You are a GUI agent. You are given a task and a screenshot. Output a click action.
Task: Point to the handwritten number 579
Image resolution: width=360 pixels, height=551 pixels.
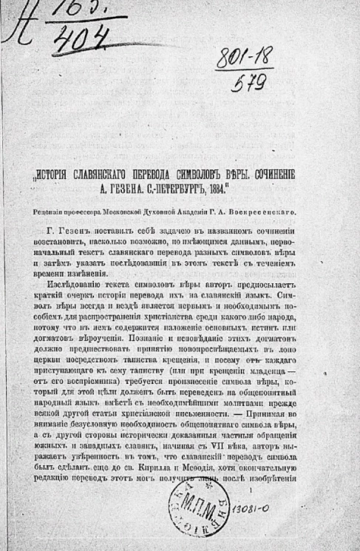click(250, 83)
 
